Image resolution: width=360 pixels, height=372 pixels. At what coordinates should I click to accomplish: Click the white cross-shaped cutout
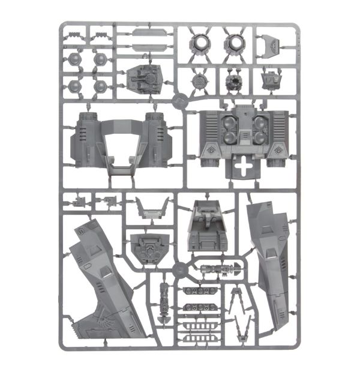(x=243, y=168)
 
